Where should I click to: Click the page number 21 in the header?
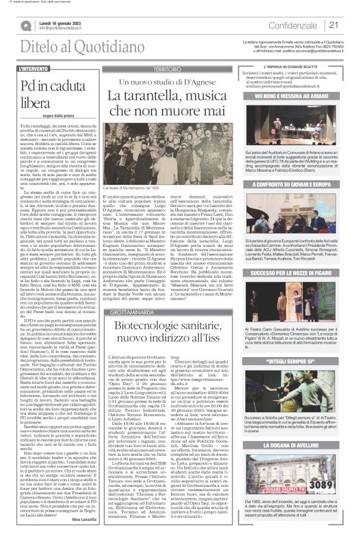click(333, 25)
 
